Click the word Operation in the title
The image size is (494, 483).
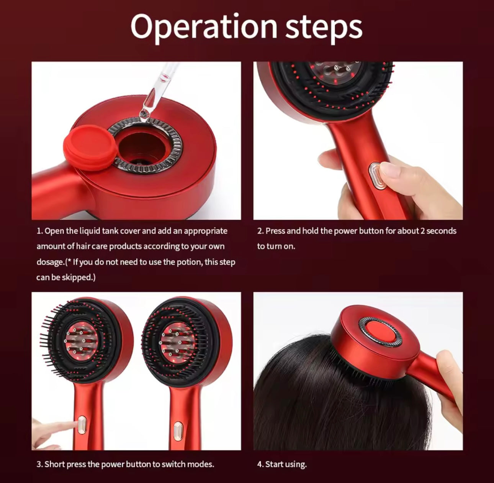tap(203, 26)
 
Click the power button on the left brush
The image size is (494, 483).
tap(82, 425)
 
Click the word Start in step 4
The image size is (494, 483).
tap(275, 464)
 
